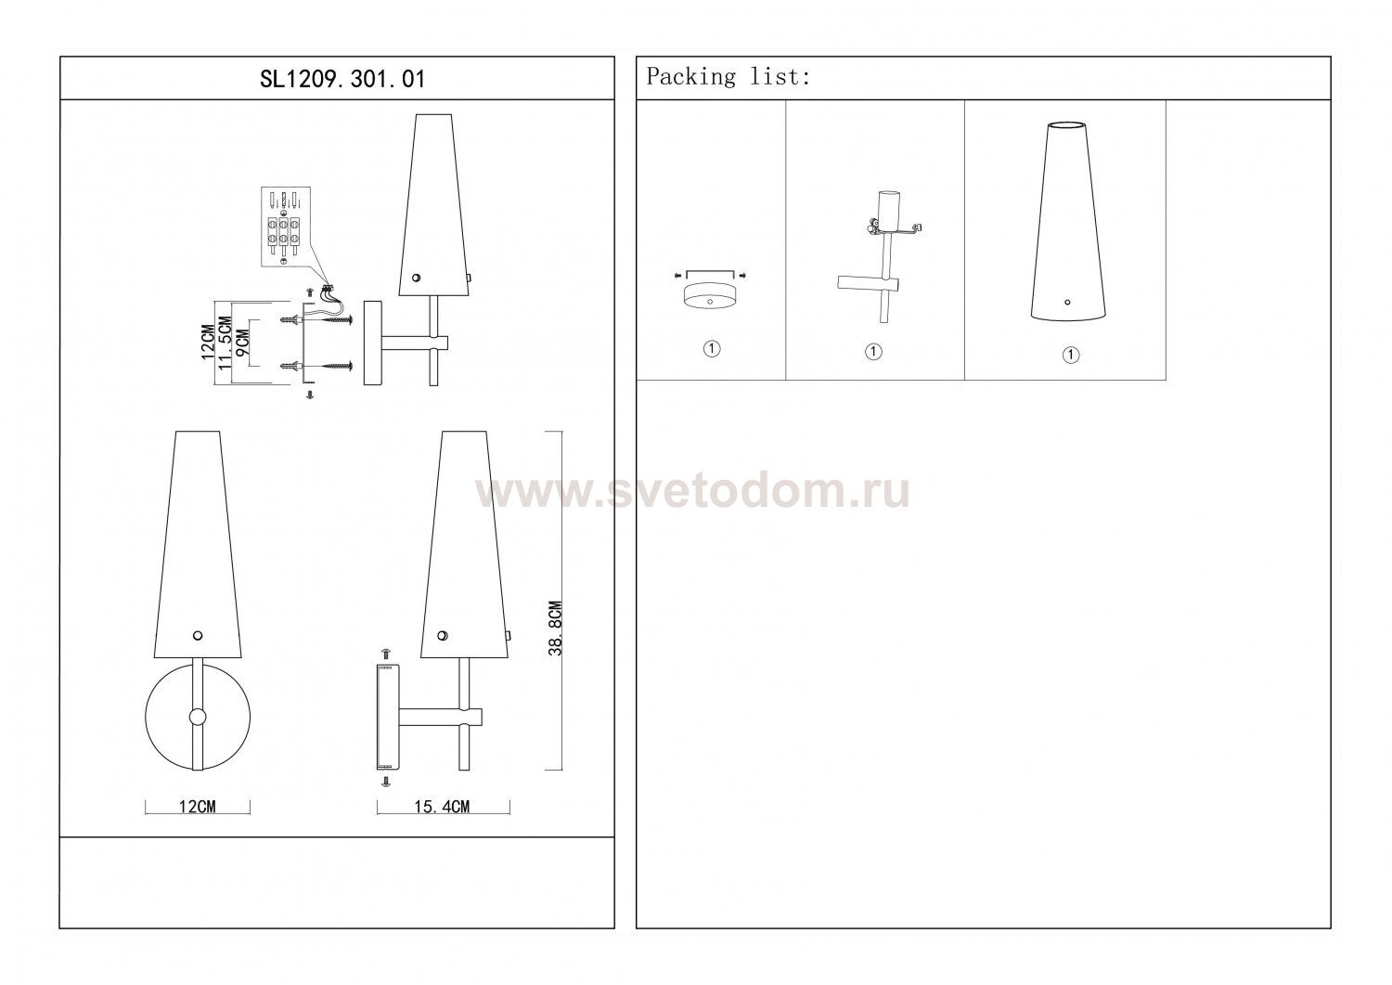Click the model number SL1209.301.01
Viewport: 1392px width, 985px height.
coord(342,79)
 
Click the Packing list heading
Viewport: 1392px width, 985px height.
coord(728,76)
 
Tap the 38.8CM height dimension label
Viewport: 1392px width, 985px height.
coord(555,629)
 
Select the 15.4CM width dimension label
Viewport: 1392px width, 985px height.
coord(442,807)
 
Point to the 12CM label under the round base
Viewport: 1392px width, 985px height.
coord(197,807)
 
